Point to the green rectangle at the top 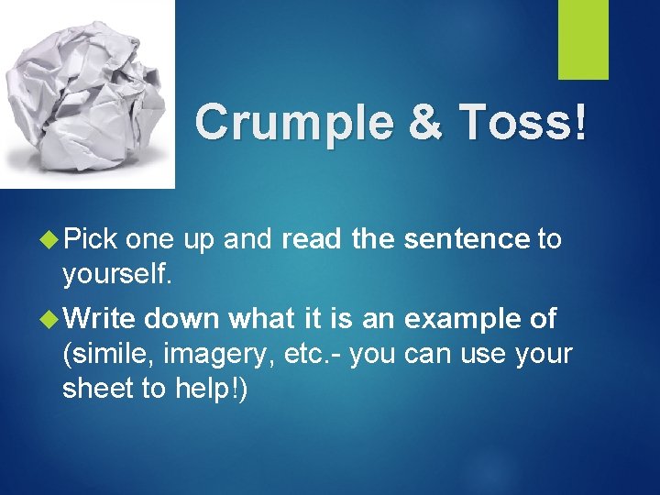coord(583,39)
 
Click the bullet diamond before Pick coord(50,240)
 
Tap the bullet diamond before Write coord(50,319)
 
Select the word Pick coord(91,240)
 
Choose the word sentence coord(467,240)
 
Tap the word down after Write coord(182,319)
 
